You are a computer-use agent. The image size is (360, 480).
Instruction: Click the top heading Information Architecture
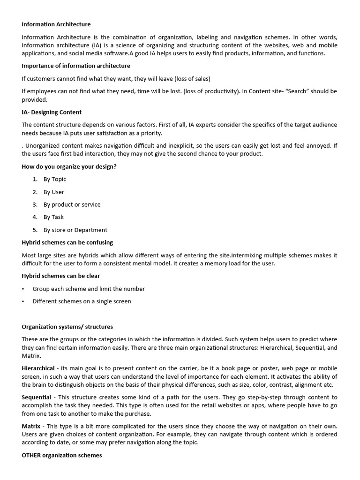click(56, 24)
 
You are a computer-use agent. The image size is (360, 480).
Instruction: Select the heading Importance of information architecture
click(76, 66)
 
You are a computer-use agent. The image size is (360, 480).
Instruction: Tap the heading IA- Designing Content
click(52, 112)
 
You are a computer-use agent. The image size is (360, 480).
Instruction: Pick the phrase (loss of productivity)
click(210, 91)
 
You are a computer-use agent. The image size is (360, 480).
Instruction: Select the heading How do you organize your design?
click(69, 166)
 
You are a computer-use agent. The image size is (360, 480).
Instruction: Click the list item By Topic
click(55, 179)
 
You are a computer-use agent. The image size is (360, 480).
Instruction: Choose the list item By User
click(54, 192)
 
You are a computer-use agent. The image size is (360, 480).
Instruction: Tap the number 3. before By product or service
click(35, 204)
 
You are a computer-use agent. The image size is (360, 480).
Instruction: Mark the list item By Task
click(53, 217)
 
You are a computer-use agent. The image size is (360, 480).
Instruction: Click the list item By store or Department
click(75, 230)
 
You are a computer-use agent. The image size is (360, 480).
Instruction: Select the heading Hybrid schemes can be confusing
click(67, 242)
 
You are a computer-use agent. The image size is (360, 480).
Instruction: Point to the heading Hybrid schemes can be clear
click(61, 276)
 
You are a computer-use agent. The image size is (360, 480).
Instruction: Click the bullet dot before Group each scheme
click(23, 289)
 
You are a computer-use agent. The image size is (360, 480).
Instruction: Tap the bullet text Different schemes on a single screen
click(82, 301)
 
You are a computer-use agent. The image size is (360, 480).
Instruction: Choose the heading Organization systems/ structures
click(67, 327)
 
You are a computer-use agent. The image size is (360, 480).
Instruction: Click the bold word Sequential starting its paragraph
click(36, 397)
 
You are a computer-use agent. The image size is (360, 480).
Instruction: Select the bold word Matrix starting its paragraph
click(31, 426)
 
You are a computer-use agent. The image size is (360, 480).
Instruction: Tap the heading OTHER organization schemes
click(62, 455)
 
